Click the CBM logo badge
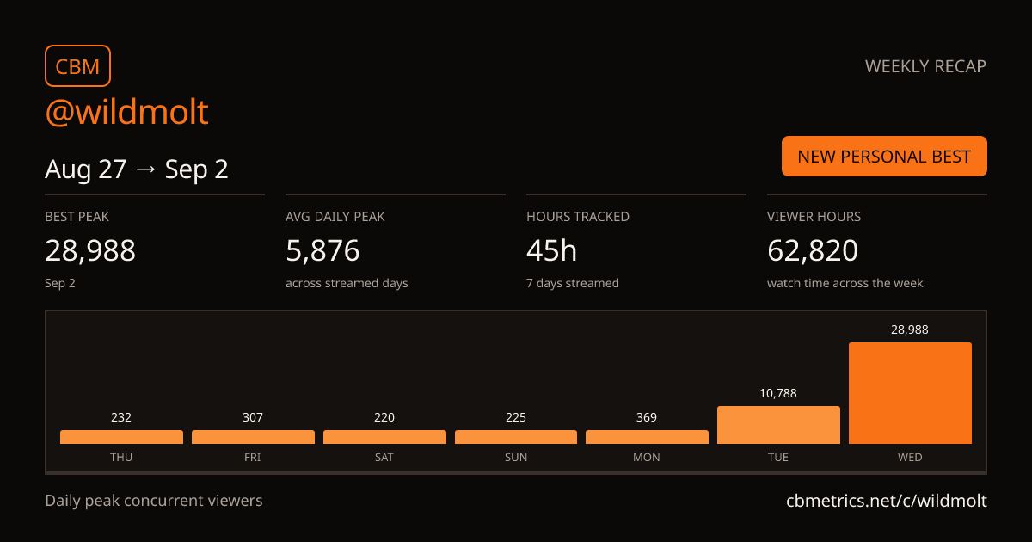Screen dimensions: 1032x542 78,66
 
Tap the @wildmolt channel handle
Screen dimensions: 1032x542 126,112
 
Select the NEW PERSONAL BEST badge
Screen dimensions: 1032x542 884,157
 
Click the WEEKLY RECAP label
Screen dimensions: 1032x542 925,66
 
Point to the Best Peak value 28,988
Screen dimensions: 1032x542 90,250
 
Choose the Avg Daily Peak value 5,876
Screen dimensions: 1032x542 322,250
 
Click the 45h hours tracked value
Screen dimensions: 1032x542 551,250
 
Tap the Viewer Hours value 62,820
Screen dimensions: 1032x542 813,250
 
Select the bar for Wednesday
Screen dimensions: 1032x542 910,393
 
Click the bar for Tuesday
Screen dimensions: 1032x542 778,425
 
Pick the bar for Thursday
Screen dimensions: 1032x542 121,437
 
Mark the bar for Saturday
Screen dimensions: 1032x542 384,437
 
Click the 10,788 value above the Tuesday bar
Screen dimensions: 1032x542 778,393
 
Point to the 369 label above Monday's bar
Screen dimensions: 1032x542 647,417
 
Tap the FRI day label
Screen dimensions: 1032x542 253,457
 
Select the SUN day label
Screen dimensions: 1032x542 515,457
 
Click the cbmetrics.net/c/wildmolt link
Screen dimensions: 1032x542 887,501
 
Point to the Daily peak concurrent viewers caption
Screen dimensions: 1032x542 154,501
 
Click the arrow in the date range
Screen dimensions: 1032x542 145,169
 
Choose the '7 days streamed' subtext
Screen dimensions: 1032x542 573,283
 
